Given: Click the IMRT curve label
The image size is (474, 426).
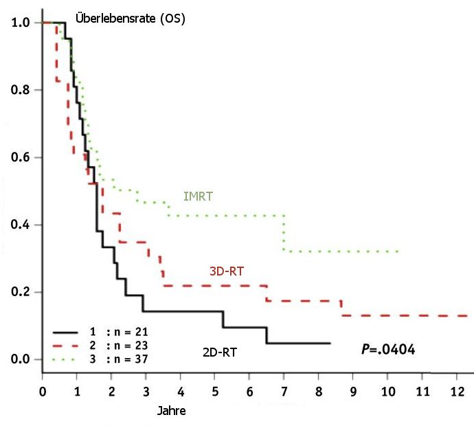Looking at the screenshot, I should coord(198,197).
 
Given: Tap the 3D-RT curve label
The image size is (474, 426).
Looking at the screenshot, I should coord(226,271).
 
